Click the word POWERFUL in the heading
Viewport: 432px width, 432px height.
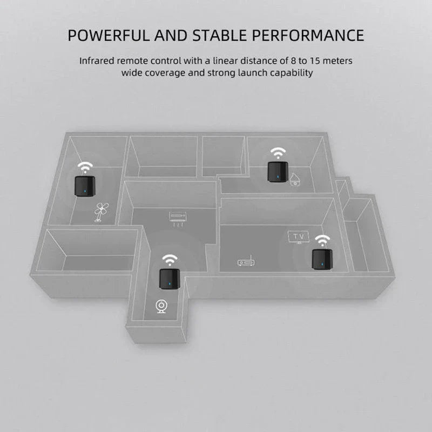coord(108,35)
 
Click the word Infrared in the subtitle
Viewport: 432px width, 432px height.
coord(97,60)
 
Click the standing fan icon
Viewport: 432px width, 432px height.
coord(101,212)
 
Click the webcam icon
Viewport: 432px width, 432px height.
coord(161,306)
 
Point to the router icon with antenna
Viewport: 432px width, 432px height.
coord(246,261)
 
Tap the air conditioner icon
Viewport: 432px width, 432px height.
coord(178,219)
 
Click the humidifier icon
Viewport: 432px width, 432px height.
coord(295,179)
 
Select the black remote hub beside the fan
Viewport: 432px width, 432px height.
coord(85,186)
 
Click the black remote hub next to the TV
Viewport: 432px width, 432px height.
coord(322,259)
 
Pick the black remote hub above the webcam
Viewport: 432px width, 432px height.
coord(170,279)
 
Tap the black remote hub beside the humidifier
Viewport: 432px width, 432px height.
coord(278,172)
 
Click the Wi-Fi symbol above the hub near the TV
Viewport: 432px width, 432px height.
coord(322,240)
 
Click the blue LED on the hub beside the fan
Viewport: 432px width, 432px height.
coord(85,192)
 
